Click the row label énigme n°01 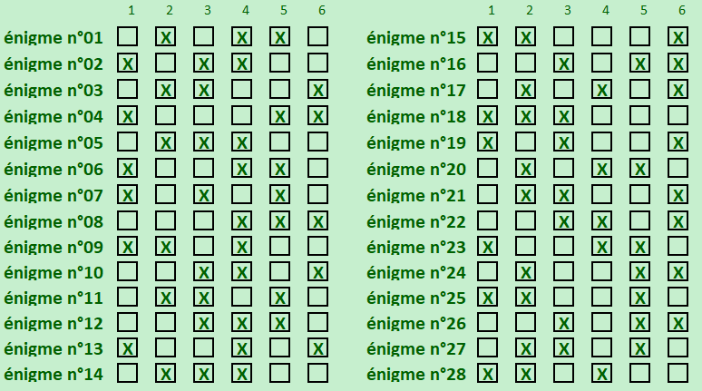click(x=54, y=38)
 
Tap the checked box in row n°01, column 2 click(x=165, y=37)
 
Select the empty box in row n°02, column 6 click(x=317, y=64)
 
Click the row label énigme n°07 click(x=54, y=195)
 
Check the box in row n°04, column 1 click(x=127, y=116)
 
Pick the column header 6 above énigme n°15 click(x=681, y=11)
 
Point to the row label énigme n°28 click(x=416, y=374)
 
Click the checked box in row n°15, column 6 click(x=678, y=37)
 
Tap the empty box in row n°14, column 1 click(x=127, y=373)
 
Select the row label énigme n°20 click(x=416, y=169)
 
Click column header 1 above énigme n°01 click(x=131, y=11)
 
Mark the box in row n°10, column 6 click(x=317, y=272)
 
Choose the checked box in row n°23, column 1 click(x=488, y=247)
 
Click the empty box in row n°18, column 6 click(x=678, y=116)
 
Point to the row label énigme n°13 click(x=54, y=349)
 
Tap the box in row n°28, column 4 click(x=602, y=373)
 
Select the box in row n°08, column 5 click(x=279, y=221)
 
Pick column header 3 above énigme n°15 click(x=567, y=11)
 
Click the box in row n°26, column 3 click(x=564, y=323)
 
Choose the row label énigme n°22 click(x=416, y=221)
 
